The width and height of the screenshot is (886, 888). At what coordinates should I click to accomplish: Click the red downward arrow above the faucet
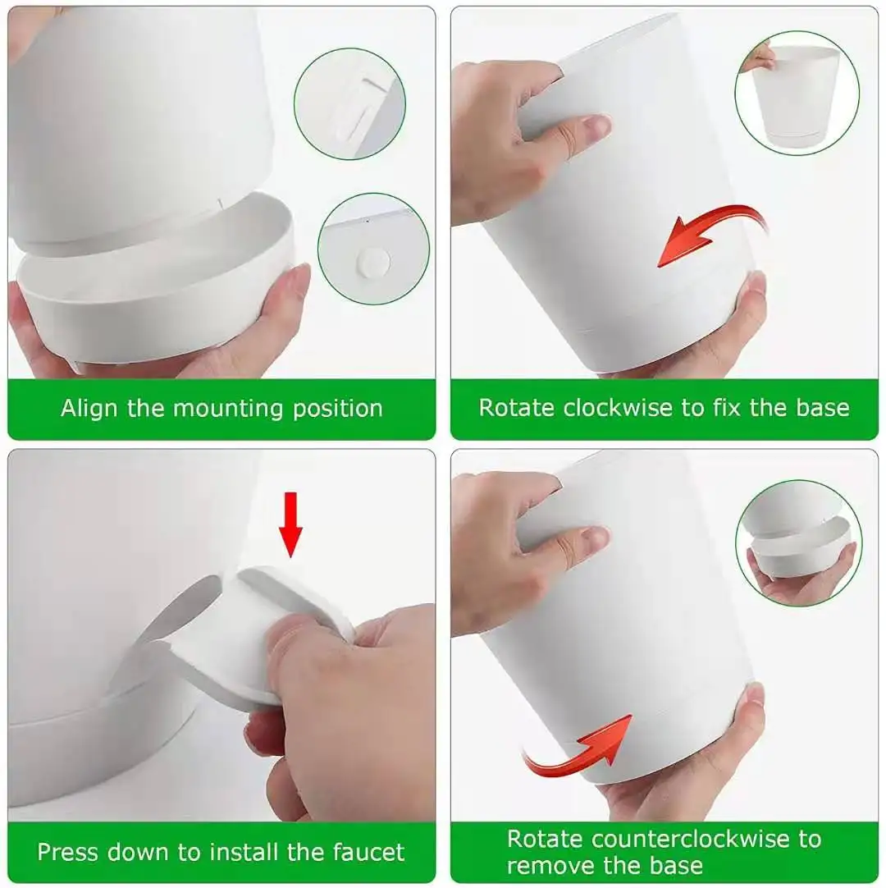(x=290, y=526)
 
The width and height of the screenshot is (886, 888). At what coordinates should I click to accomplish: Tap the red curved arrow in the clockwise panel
(x=707, y=234)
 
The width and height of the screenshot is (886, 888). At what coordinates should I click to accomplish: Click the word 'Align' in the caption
(x=90, y=408)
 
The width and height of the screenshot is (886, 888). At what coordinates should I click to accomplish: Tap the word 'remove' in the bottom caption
(x=547, y=865)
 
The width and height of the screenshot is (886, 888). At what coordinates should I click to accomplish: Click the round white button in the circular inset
(x=373, y=264)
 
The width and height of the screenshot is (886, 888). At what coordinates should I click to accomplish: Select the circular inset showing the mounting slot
(x=349, y=103)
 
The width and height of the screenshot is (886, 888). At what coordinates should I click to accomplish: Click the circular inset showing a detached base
(x=798, y=542)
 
